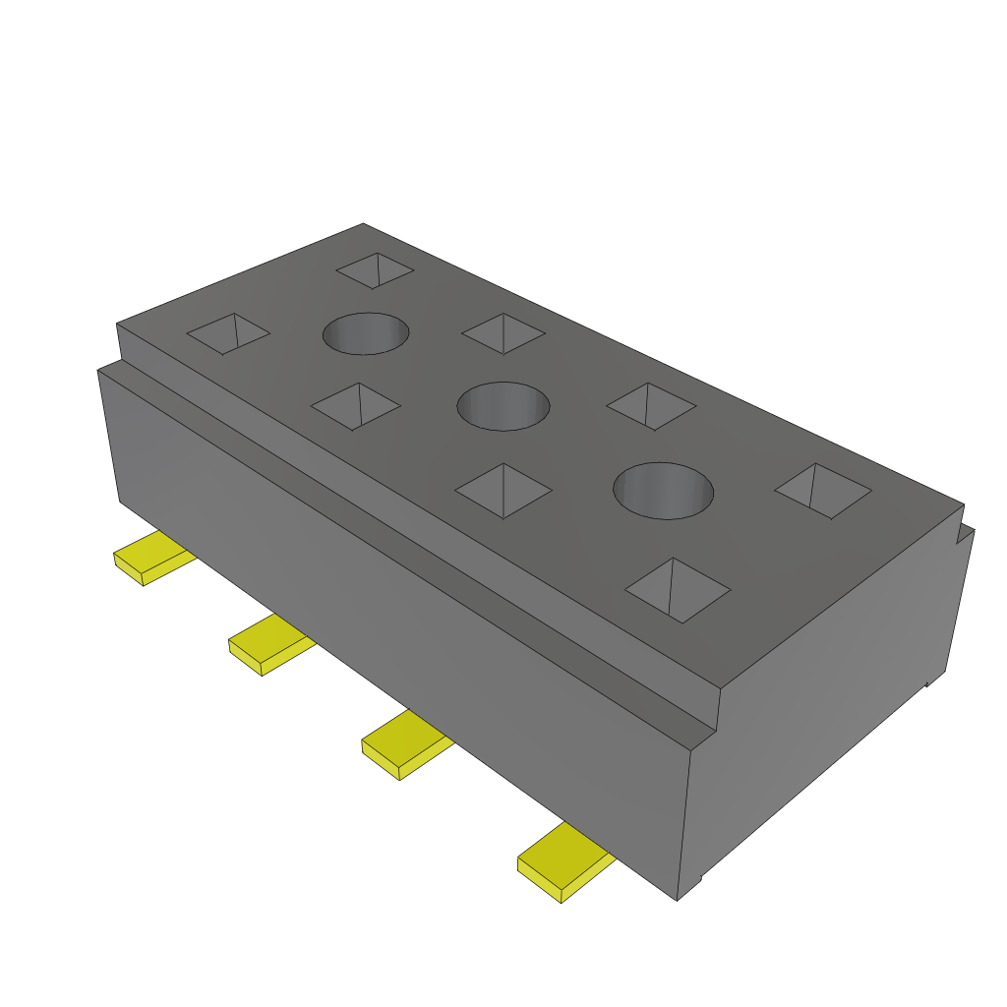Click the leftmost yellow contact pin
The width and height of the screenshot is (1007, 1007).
pyautogui.click(x=152, y=558)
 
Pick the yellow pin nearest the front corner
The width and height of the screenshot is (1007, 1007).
pyautogui.click(x=563, y=862)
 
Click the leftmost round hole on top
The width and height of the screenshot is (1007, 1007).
pyautogui.click(x=366, y=333)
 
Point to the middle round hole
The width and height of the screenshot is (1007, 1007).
pyautogui.click(x=503, y=405)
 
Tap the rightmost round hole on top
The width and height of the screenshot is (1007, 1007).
pyautogui.click(x=663, y=490)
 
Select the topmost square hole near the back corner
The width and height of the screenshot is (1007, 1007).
pyautogui.click(x=375, y=270)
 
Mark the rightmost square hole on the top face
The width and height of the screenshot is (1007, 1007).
pyautogui.click(x=823, y=490)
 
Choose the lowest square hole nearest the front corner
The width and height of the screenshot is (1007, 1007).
pyautogui.click(x=678, y=590)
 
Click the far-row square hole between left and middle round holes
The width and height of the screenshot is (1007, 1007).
pyautogui.click(x=503, y=333)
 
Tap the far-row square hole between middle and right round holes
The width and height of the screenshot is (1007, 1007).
pyautogui.click(x=651, y=405)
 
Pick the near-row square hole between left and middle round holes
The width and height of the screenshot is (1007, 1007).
pyautogui.click(x=355, y=405)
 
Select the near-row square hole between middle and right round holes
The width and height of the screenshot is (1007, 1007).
pyautogui.click(x=503, y=490)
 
